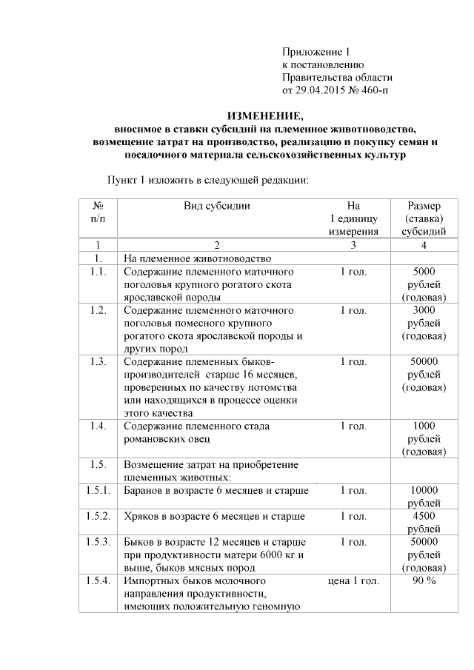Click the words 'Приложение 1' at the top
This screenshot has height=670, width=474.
click(316, 52)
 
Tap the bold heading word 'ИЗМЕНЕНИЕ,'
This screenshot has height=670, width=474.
click(264, 116)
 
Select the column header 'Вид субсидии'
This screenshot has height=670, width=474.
click(217, 205)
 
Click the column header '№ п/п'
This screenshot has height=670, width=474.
click(98, 212)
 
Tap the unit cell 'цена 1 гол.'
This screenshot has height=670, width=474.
click(353, 581)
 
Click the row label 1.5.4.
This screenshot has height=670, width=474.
click(98, 581)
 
